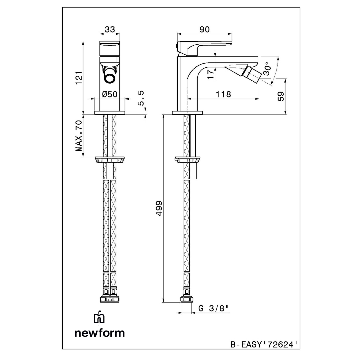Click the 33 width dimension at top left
point(110,29)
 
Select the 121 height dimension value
point(78,78)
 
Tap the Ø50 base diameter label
point(110,94)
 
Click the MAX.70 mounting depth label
point(78,136)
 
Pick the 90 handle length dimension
point(204,29)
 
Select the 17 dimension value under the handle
point(210,74)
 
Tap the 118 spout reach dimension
point(223,94)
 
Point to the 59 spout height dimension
point(281,96)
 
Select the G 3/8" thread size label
point(214,308)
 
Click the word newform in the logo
point(99,333)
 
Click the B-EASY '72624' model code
point(263,344)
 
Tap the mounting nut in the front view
point(110,160)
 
